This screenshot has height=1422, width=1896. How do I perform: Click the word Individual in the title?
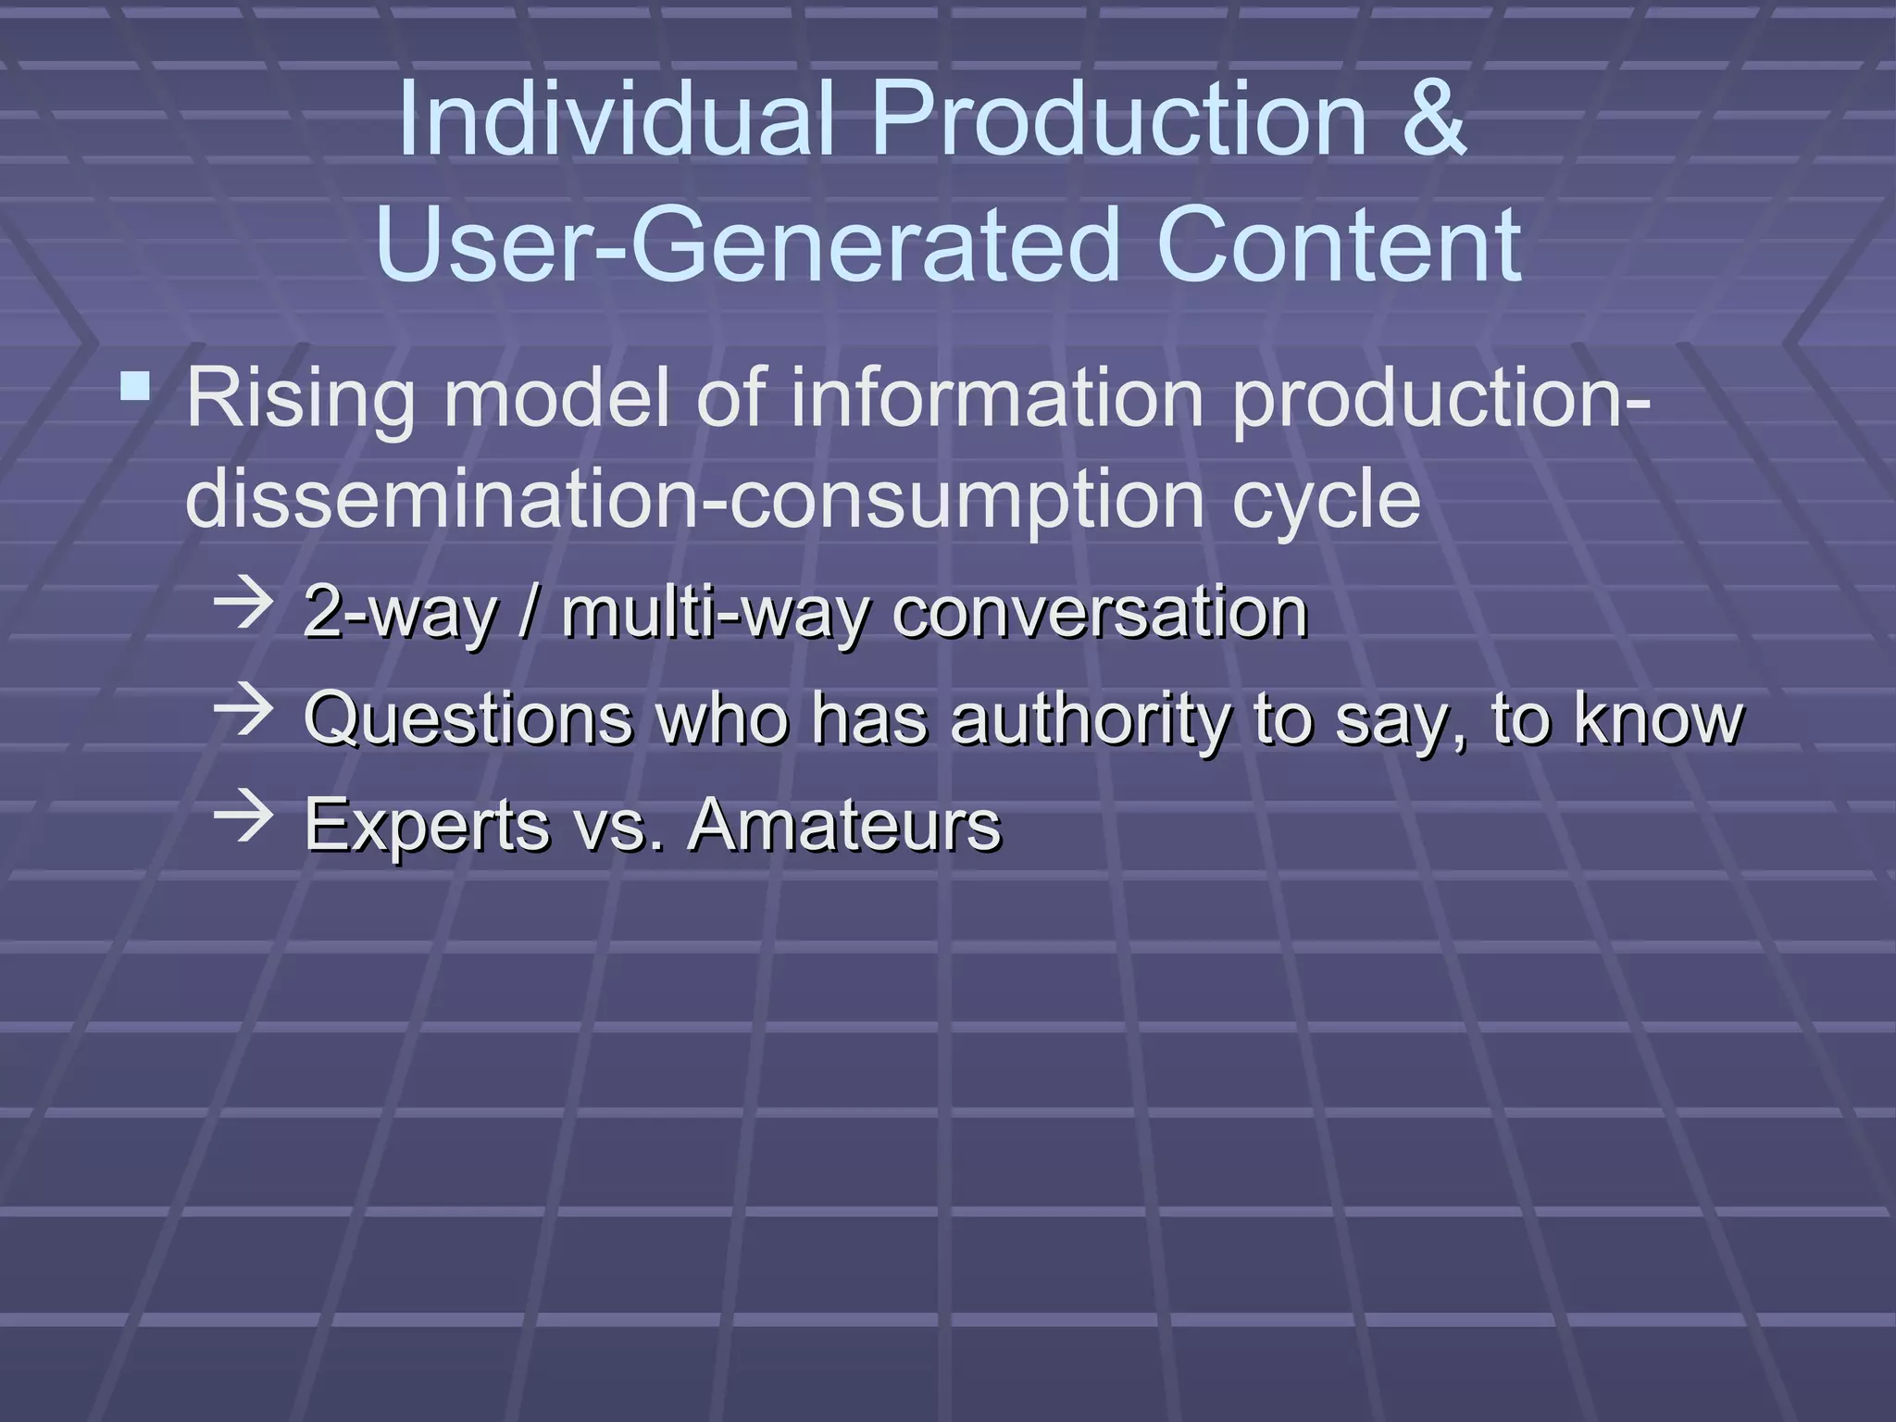tap(617, 118)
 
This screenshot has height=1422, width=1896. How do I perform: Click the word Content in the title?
tap(1339, 245)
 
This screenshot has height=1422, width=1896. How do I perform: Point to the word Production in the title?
tap(1118, 118)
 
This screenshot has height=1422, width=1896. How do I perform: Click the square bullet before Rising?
tap(136, 386)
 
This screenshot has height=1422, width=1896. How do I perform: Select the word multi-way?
tap(715, 613)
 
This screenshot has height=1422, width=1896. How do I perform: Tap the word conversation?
tap(1100, 613)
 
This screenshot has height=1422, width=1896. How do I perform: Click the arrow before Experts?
tap(243, 817)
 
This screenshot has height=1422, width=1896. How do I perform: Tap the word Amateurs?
tap(844, 824)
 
